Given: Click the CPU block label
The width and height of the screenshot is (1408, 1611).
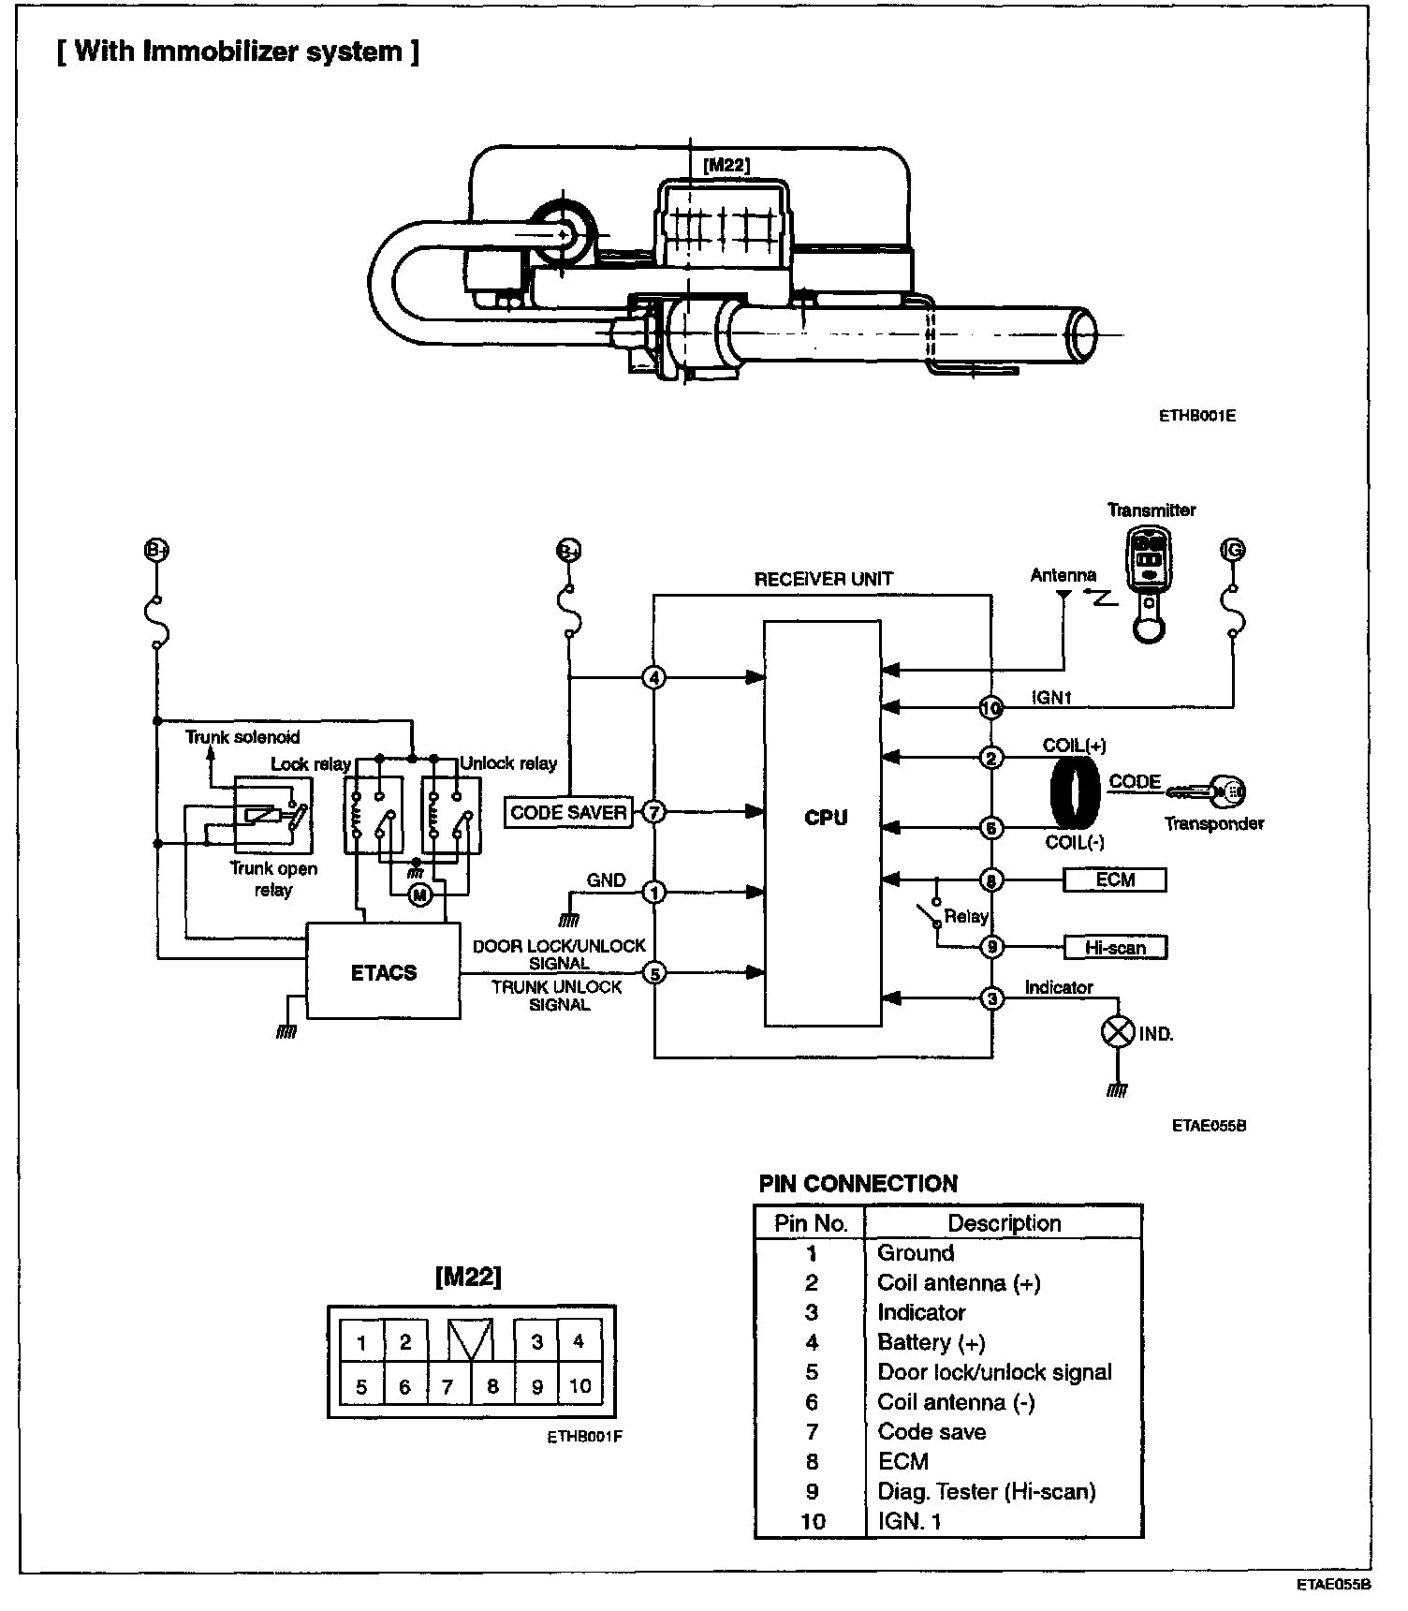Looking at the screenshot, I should (825, 818).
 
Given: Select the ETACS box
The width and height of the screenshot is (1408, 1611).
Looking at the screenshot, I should (384, 972).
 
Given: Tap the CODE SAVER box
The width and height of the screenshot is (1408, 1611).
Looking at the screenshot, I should (568, 812).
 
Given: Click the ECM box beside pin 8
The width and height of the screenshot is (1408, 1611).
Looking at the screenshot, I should (1115, 879).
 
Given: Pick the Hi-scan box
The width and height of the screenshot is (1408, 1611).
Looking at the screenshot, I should (1115, 947).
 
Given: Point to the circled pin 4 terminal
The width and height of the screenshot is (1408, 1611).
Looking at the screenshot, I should (654, 677).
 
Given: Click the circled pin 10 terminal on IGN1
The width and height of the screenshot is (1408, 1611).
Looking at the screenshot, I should (991, 708).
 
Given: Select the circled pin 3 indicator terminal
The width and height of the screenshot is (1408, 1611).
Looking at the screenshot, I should (991, 998).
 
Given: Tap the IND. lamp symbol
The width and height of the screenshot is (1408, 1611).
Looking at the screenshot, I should (1118, 1032).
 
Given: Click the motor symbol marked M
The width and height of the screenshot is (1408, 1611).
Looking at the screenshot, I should (420, 895).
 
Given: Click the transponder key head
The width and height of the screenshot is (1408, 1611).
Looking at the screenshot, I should (1228, 791).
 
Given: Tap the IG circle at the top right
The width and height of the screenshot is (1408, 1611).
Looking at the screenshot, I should (1234, 550).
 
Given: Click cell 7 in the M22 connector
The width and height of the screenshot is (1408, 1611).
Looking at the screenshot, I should (447, 1386).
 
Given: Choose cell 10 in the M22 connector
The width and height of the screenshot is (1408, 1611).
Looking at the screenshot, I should (580, 1385).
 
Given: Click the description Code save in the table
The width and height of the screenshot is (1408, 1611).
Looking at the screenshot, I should (931, 1431).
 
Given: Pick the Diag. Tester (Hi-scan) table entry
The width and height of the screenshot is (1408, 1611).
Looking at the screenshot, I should (986, 1491).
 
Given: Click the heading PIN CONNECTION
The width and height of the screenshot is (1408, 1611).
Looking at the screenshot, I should (858, 1184).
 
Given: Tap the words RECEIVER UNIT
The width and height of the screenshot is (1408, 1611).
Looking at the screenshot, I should (824, 579).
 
